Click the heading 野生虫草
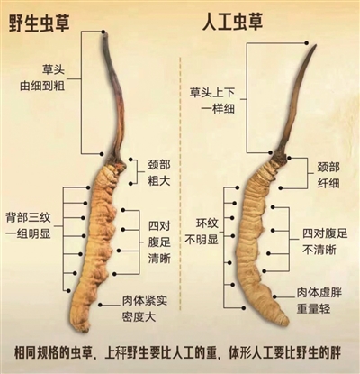[x=39, y=23]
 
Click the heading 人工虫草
[x=232, y=22]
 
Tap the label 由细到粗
[x=42, y=86]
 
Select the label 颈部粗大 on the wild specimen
[x=158, y=173]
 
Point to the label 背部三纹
[x=28, y=218]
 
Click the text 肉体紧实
[x=145, y=301]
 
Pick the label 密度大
[x=139, y=317]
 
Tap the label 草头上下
[x=211, y=92]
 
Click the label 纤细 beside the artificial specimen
[x=328, y=183]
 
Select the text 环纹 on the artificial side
[x=207, y=223]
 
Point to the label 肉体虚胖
[x=319, y=292]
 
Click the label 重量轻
[x=313, y=308]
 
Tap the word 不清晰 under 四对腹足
[x=319, y=250]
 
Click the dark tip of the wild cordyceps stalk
[x=104, y=37]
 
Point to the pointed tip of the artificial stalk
[x=316, y=46]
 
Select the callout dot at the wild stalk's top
[x=103, y=32]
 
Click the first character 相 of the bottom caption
[x=20, y=353]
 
